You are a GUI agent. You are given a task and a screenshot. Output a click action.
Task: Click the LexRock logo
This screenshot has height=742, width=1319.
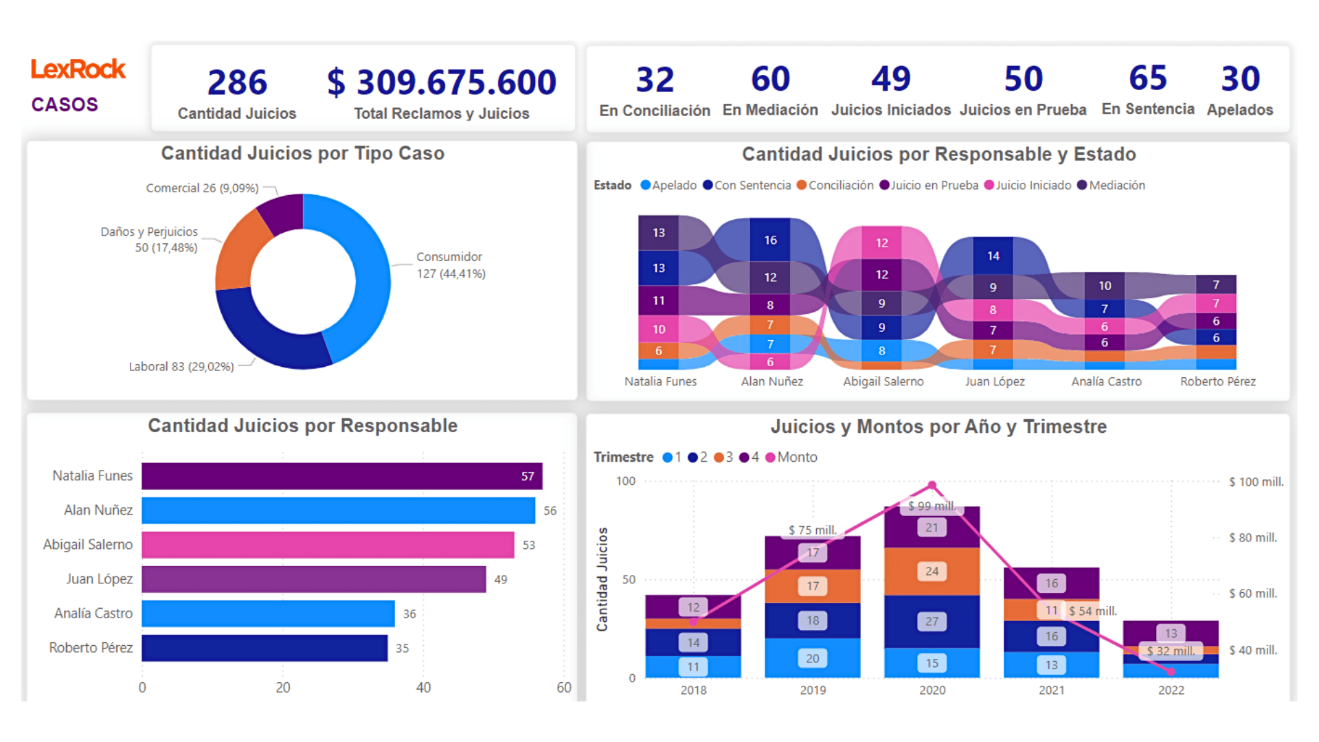pos(78,69)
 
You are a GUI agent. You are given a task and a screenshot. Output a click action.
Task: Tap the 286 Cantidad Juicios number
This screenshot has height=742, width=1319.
pos(237,82)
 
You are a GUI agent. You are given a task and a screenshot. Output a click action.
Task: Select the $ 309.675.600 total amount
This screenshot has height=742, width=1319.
pos(441,82)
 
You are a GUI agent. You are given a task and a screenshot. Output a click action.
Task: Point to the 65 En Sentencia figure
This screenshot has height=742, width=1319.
pos(1148,78)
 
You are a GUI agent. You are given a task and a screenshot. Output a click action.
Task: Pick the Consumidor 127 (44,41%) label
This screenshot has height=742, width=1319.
pos(450,265)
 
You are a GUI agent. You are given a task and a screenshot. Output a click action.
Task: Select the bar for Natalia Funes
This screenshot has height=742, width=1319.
pos(341,476)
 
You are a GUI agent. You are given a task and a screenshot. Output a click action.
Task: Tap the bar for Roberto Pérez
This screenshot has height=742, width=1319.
pos(264,648)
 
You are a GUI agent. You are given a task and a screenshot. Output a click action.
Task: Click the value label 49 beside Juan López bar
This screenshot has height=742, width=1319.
pos(501,580)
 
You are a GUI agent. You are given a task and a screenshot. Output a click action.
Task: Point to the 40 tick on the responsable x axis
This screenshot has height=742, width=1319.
pos(423,688)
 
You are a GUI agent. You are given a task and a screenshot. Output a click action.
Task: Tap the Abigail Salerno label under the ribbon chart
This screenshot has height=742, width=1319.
pos(883,381)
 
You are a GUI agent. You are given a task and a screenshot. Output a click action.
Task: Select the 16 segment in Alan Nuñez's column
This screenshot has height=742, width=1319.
pos(770,240)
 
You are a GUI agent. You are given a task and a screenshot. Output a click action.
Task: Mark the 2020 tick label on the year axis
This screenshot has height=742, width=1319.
pos(932,690)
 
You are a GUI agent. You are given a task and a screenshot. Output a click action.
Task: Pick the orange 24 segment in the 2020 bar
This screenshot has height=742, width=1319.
pos(932,571)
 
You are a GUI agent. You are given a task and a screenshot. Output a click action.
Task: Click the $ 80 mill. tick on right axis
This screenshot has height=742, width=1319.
pos(1253,538)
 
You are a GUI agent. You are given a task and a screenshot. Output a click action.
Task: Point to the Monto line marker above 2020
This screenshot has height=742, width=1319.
pos(932,486)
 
